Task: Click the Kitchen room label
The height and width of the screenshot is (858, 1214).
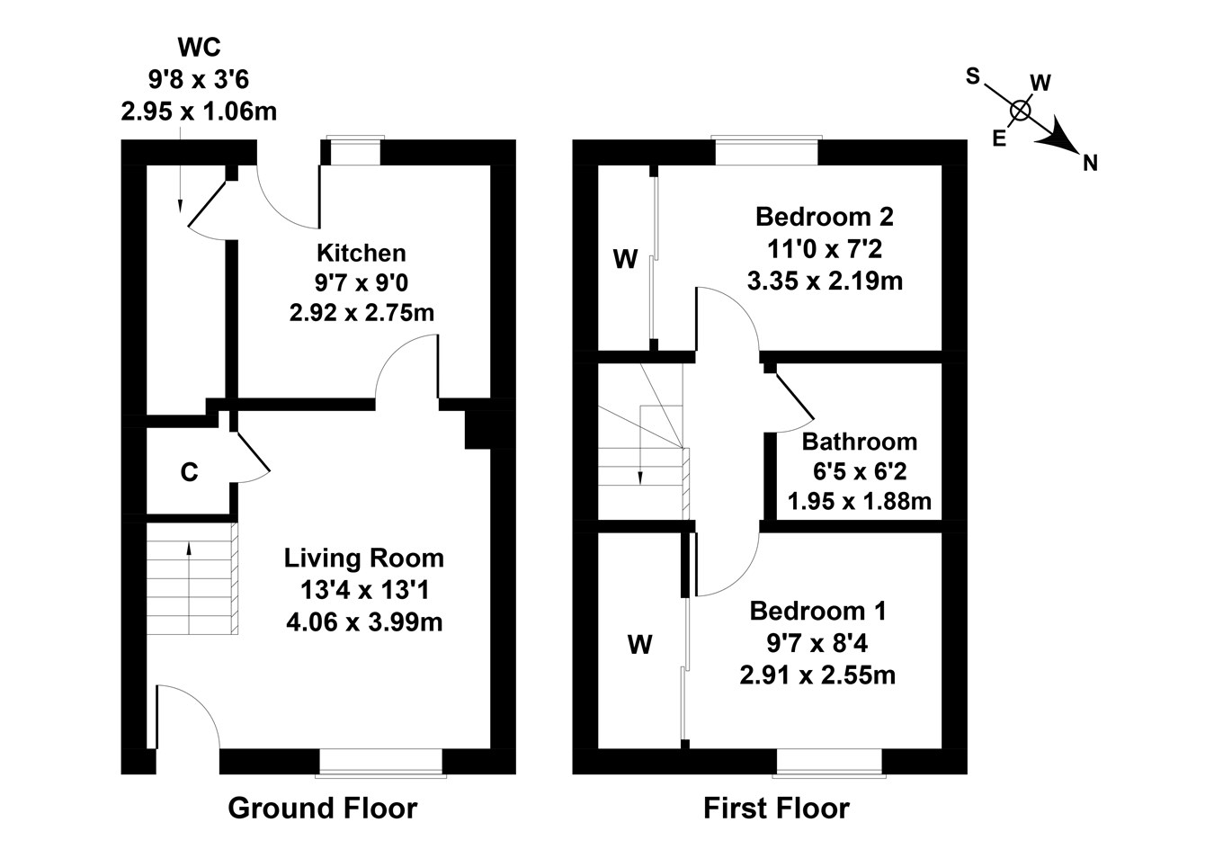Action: (x=362, y=253)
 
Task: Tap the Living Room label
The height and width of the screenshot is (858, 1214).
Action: (x=363, y=558)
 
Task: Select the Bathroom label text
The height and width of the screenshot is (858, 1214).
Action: (x=859, y=442)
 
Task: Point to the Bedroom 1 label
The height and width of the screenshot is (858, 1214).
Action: (x=817, y=612)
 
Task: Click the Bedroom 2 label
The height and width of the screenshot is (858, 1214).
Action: (x=824, y=217)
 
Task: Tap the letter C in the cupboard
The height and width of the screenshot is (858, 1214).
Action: (x=189, y=472)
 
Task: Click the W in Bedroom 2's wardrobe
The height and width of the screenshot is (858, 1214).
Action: (x=625, y=260)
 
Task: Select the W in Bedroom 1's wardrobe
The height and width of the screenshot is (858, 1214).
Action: (x=639, y=644)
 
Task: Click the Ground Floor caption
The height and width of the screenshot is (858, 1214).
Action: (x=322, y=808)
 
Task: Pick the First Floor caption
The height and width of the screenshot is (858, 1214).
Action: (x=775, y=808)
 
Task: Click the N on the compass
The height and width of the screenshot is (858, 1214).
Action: (x=1090, y=163)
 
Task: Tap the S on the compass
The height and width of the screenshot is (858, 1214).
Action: (x=972, y=76)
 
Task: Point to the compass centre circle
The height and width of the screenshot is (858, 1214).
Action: (x=1020, y=111)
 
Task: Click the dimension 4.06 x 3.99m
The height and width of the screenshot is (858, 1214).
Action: (x=363, y=621)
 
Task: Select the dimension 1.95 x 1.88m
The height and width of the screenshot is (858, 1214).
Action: (x=859, y=501)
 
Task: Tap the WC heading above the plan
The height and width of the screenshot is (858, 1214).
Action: (x=199, y=47)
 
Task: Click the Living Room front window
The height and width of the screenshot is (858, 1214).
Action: (x=381, y=763)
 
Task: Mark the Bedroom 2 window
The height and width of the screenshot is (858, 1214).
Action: (x=765, y=151)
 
